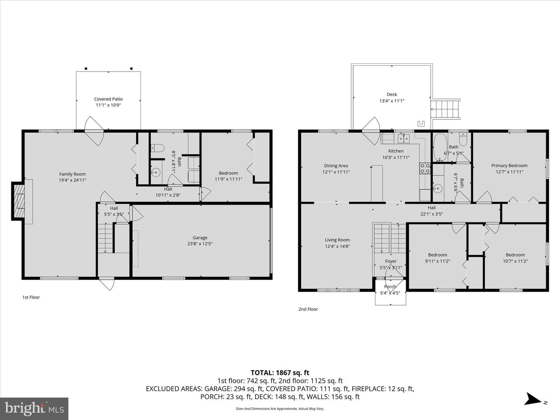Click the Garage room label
click(200, 238)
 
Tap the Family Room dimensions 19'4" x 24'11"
click(72, 180)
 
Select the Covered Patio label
click(108, 99)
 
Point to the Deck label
click(392, 94)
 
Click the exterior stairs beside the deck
click(445, 109)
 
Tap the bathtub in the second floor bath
click(440, 147)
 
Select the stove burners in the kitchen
click(425, 168)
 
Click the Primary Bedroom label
click(509, 166)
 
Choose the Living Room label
click(337, 240)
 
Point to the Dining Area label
click(336, 166)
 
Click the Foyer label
click(390, 261)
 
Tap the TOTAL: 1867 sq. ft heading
click(280, 373)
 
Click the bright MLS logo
click(34, 409)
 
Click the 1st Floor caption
click(31, 297)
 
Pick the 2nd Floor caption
click(308, 309)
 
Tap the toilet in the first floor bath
click(157, 148)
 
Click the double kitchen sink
click(404, 138)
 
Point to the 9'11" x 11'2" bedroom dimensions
click(437, 261)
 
